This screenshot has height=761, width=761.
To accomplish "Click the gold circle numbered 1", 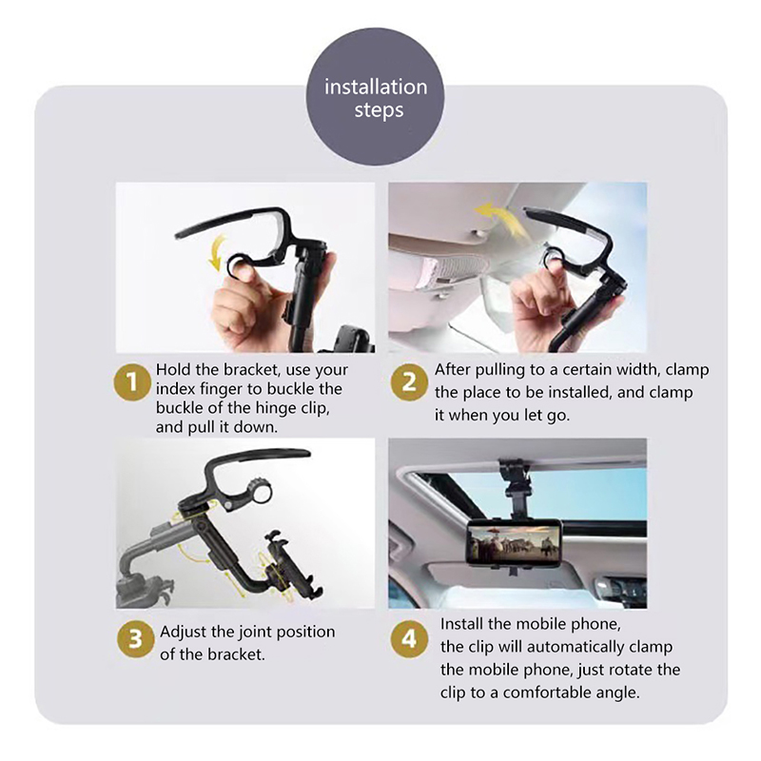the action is tap(132, 382).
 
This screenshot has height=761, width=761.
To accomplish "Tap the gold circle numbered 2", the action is tap(409, 382).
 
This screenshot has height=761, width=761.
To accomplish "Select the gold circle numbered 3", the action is tap(135, 639).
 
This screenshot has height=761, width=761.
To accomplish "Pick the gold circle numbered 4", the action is tap(409, 639).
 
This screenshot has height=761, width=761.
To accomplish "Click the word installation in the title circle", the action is tap(376, 87).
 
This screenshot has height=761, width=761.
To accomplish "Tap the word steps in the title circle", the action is tap(379, 110).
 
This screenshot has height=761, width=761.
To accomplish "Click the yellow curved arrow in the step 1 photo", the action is tap(216, 251).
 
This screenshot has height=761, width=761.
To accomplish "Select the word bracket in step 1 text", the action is tap(251, 370).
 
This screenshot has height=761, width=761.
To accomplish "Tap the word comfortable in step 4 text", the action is tap(556, 693).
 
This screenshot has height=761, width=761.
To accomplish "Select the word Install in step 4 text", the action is tap(461, 624).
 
